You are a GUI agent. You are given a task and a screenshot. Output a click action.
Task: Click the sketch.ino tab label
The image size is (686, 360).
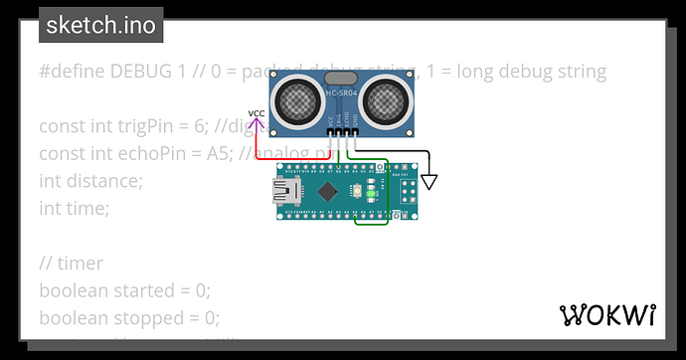pos(100,25)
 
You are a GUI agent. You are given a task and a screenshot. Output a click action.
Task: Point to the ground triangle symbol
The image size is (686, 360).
pos(429,182)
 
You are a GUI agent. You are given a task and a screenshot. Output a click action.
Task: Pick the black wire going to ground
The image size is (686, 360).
pos(398,152)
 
